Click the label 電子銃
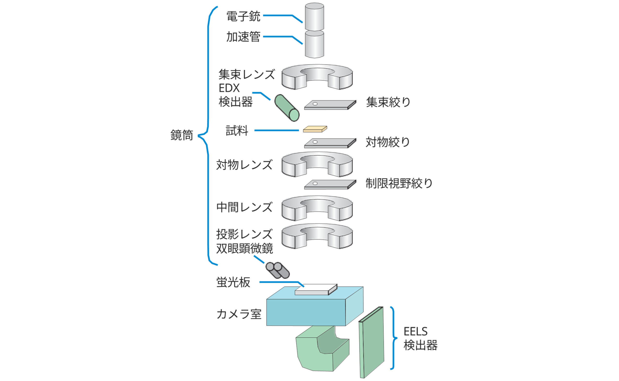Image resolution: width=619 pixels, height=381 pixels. [x=243, y=16]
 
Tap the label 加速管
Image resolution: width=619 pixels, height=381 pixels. [x=243, y=37]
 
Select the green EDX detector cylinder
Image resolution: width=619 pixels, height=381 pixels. [x=287, y=108]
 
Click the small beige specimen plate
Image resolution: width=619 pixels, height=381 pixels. [x=315, y=129]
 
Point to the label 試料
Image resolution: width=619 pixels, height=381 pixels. [x=237, y=131]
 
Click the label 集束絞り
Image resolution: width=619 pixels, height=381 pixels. [x=388, y=102]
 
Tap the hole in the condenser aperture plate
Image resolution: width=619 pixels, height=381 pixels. [x=315, y=104]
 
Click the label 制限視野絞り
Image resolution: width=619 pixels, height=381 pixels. [x=399, y=183]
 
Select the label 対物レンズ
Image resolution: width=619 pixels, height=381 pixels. [x=244, y=165]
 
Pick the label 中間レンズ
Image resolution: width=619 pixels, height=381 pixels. [x=244, y=207]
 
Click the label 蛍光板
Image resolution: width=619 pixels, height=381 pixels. [x=233, y=282]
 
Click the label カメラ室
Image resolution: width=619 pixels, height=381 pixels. [x=239, y=314]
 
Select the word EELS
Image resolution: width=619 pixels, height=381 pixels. [x=415, y=332]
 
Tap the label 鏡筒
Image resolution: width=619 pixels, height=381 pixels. [x=182, y=135]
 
